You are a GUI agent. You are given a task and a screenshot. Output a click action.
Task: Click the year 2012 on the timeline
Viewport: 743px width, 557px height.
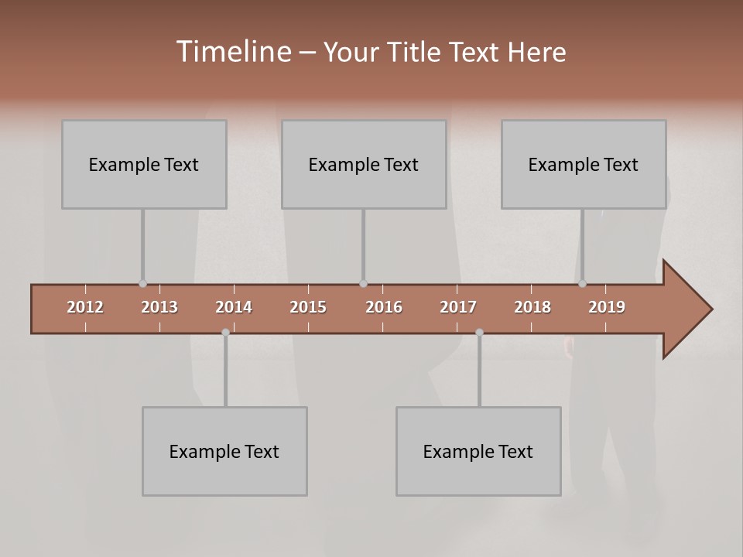click(x=85, y=307)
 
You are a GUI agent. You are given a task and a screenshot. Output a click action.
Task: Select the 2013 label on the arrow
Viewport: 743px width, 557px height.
click(x=159, y=307)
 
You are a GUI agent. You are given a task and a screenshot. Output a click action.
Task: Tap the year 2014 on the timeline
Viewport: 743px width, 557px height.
click(x=234, y=307)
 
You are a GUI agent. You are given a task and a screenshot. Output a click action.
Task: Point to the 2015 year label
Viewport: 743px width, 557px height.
click(x=308, y=307)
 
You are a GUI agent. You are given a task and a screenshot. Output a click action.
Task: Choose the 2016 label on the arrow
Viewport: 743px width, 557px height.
click(x=384, y=307)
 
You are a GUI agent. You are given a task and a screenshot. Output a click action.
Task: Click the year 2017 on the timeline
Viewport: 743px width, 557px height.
click(x=458, y=307)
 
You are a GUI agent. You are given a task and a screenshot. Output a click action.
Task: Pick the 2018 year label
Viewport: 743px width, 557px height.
click(x=532, y=307)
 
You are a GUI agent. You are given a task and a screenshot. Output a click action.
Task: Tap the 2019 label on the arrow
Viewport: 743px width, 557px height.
click(x=607, y=307)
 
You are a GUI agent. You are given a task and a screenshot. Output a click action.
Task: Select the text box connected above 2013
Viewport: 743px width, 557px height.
click(x=144, y=164)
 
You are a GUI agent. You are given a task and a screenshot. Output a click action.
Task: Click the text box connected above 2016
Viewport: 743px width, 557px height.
click(x=364, y=164)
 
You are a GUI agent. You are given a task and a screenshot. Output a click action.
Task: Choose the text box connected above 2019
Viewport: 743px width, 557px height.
click(x=584, y=164)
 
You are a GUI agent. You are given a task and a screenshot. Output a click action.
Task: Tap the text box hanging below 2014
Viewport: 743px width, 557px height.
click(x=224, y=451)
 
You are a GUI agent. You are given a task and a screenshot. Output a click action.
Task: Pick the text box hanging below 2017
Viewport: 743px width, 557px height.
click(x=478, y=451)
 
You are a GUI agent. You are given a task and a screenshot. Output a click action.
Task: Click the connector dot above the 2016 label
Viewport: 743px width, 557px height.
click(x=363, y=284)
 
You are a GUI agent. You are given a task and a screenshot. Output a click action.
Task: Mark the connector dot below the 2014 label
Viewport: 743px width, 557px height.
click(x=225, y=332)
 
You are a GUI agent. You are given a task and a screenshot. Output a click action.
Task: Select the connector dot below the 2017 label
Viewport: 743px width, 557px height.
click(x=479, y=332)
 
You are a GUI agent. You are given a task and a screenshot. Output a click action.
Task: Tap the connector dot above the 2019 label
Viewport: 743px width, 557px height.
click(x=582, y=284)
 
